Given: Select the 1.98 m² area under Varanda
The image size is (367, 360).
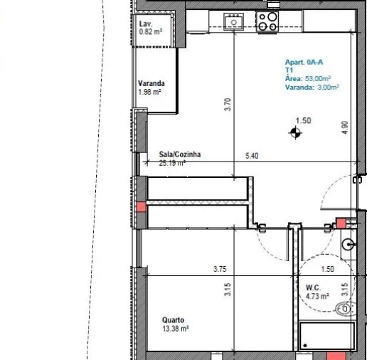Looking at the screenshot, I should coord(149,92).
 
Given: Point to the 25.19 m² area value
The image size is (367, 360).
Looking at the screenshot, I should coord(173,162).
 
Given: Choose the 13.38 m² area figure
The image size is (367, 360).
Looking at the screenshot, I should coord(174,329).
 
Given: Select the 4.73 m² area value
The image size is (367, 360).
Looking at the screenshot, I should coord(316,296).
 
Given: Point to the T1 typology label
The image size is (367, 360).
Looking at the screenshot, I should coord(289,71).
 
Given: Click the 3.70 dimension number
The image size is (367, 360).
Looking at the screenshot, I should coord(227,105).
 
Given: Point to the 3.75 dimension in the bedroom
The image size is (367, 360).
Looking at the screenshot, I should coord(220,269).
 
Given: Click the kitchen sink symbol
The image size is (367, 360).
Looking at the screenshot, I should coord(233,23).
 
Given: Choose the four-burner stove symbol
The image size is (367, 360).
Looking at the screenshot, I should coord(268,21).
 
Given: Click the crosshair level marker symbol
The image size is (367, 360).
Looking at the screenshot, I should coord(294,132).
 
